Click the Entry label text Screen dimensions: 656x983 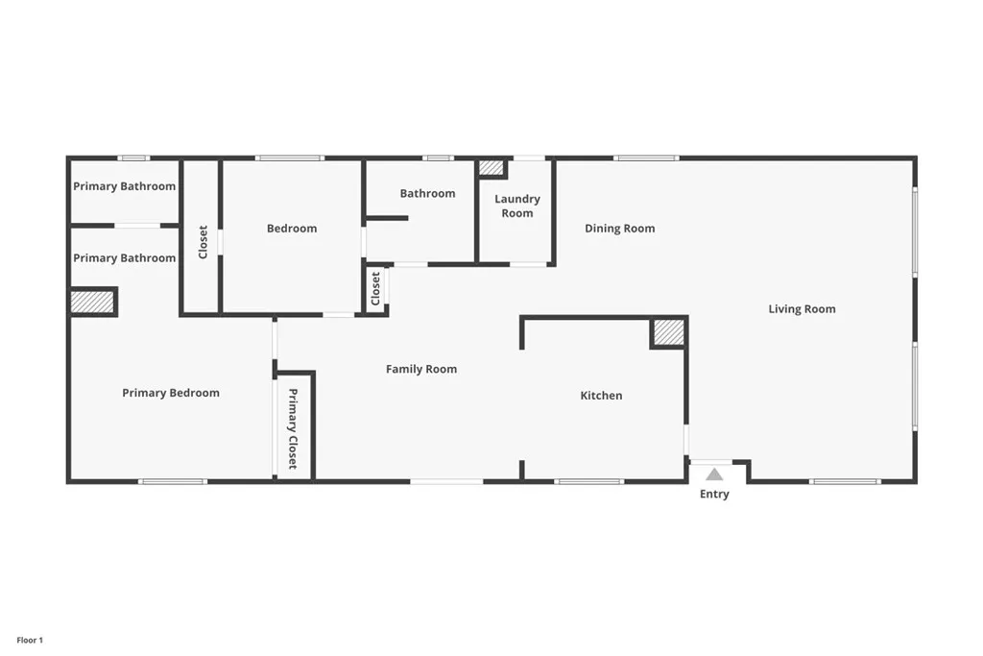click(714, 495)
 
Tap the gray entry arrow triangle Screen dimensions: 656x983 click(714, 474)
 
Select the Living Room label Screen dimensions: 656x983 click(802, 309)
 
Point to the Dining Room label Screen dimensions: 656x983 click(620, 229)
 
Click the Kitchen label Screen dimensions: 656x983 click(601, 396)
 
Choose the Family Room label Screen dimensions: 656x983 click(421, 369)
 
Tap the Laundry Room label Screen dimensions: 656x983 click(517, 207)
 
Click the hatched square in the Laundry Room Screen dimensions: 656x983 click(491, 168)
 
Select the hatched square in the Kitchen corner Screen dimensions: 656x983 click(669, 332)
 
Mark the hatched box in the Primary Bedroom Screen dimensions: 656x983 click(92, 303)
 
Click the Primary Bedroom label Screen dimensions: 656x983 click(171, 393)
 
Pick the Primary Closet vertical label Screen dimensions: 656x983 click(294, 428)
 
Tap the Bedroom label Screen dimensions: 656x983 click(292, 229)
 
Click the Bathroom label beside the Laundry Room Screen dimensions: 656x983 click(428, 194)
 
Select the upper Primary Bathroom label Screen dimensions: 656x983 click(125, 186)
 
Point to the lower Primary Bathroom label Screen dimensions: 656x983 click(125, 258)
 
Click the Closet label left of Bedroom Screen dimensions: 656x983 click(203, 242)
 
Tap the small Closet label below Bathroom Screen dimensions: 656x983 click(376, 288)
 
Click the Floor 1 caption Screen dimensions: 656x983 click(30, 640)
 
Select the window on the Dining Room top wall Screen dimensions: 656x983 click(646, 158)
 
